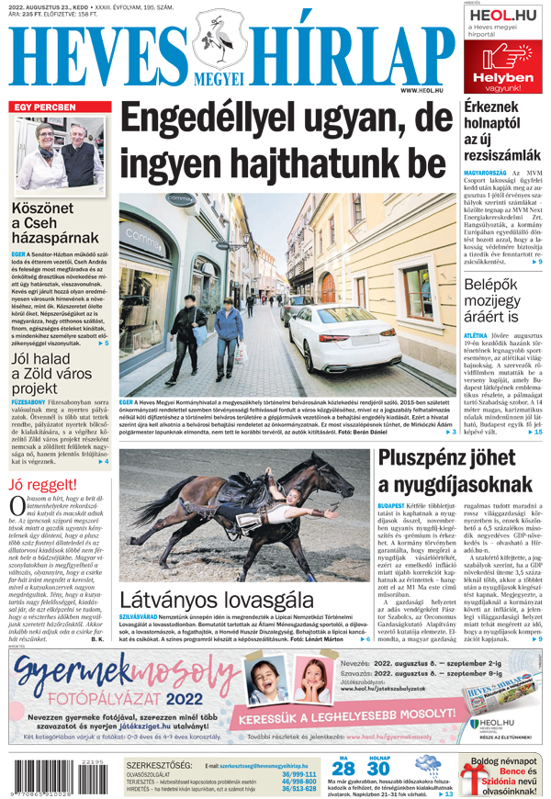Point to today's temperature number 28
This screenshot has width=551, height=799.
(x=343, y=770)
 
